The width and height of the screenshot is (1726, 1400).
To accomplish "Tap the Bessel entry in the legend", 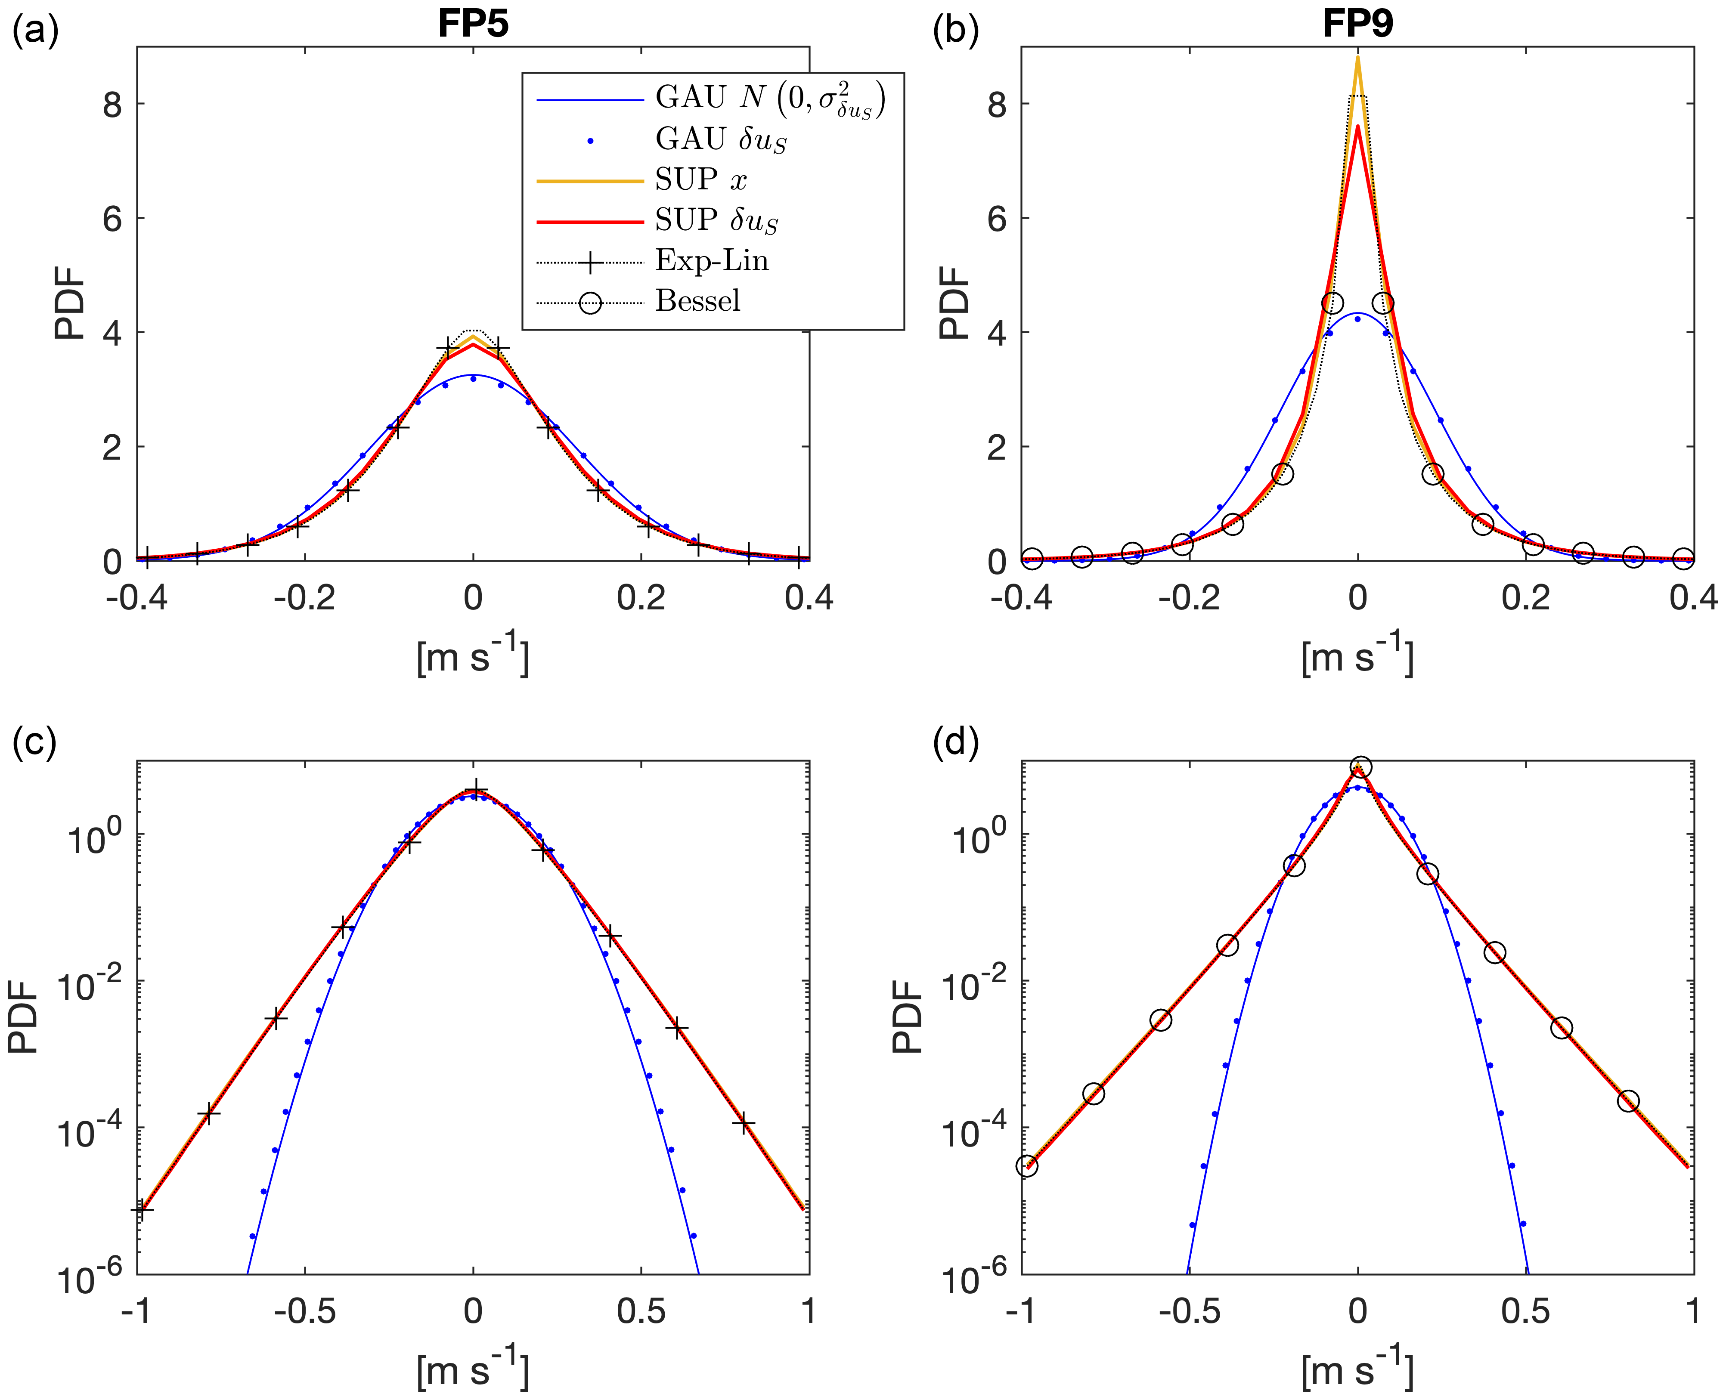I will (x=697, y=301).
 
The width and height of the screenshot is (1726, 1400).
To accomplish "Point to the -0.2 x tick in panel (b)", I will (x=1189, y=598).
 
